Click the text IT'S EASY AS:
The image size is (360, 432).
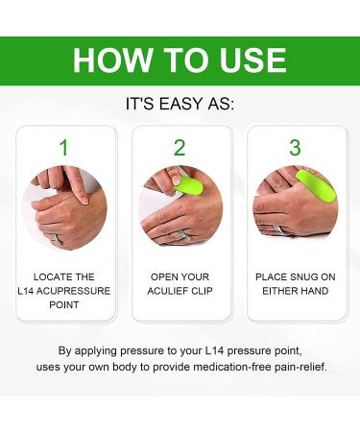180,104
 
